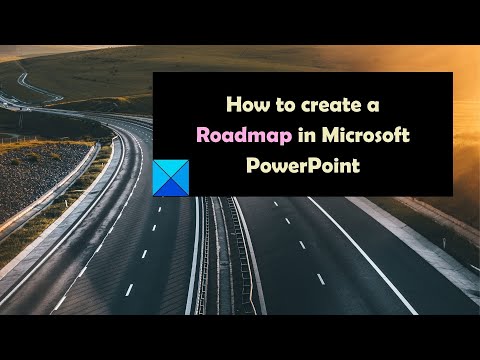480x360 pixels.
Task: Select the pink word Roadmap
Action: click(244, 136)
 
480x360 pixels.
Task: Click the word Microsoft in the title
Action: click(365, 135)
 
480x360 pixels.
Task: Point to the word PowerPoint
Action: click(303, 165)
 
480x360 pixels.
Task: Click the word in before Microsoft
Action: click(307, 135)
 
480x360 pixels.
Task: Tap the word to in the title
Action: click(285, 105)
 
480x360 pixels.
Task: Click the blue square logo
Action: click(171, 178)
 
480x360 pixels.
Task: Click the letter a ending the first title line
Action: click(373, 106)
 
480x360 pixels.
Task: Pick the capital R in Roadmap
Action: click(203, 135)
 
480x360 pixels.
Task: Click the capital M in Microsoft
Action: click(330, 135)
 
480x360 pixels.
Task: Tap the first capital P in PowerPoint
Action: click(252, 165)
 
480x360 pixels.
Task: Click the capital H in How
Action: click(234, 104)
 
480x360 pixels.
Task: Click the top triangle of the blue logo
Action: click(171, 167)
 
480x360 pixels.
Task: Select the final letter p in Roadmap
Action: click(286, 138)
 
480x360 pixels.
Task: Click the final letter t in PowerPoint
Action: click(356, 166)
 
